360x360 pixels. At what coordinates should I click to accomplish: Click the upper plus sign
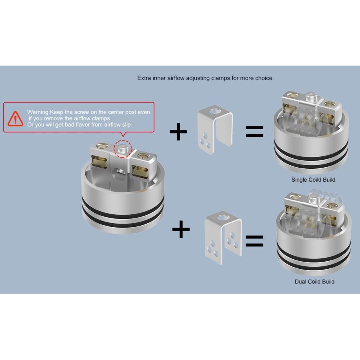(178, 132)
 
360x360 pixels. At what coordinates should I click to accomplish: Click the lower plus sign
(181, 230)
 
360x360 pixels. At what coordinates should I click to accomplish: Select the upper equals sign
(254, 132)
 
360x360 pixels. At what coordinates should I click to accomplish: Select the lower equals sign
(254, 240)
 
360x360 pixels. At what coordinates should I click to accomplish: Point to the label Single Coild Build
(313, 180)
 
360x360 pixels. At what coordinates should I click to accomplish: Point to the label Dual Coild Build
(314, 282)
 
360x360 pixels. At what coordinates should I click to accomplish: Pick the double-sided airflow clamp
(223, 236)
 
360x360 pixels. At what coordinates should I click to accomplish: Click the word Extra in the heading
(145, 78)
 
